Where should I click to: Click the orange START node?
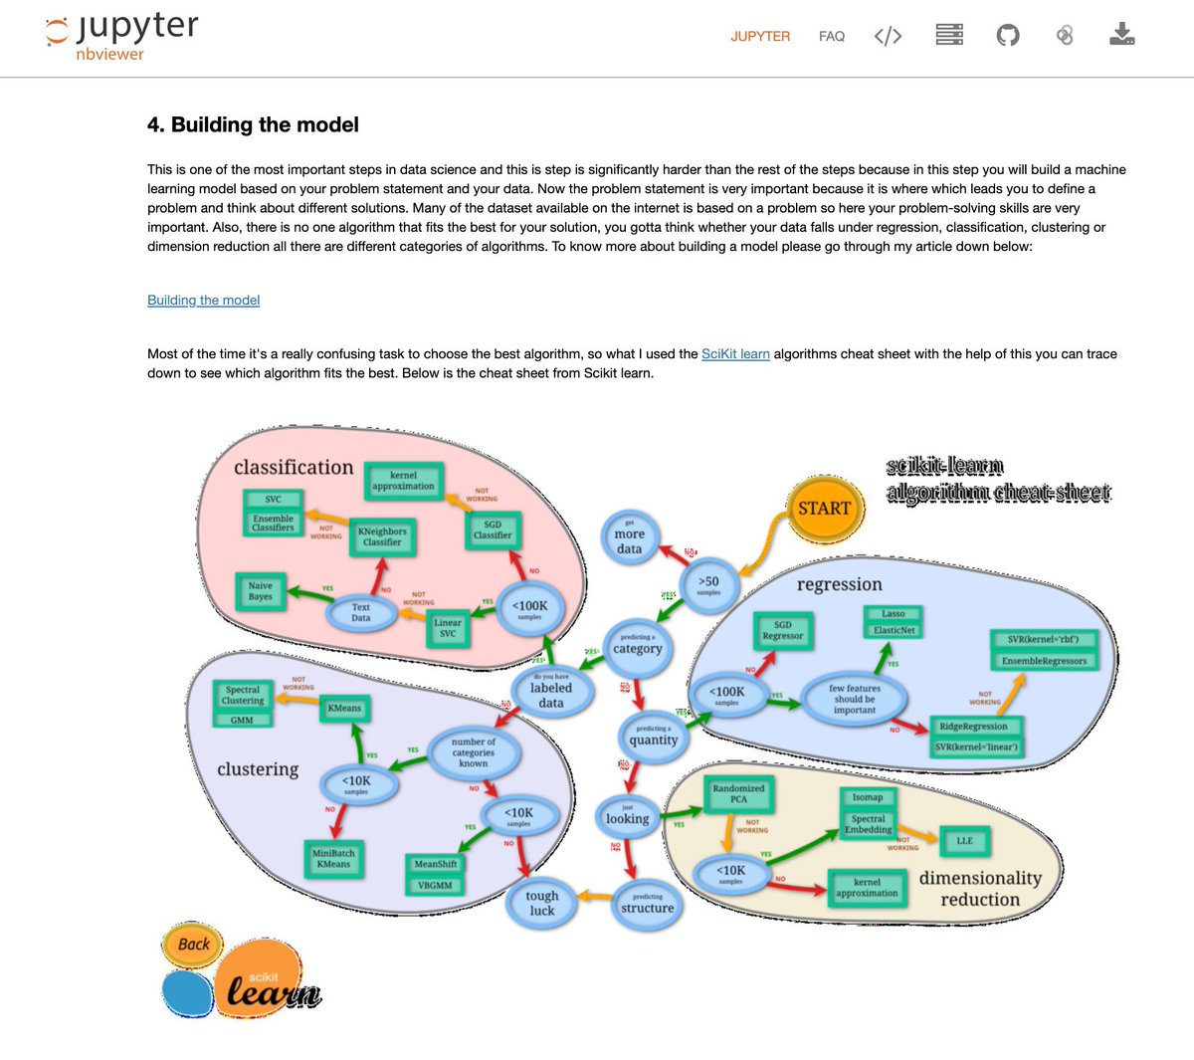click(824, 509)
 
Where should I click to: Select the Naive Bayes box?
click(261, 591)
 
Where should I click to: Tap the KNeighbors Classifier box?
click(382, 537)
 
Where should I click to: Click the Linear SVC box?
click(448, 628)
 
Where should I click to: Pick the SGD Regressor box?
click(783, 630)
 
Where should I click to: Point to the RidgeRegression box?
click(973, 727)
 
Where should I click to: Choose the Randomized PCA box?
click(738, 793)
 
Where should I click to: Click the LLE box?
click(965, 841)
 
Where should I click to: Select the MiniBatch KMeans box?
click(333, 859)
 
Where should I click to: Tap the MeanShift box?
click(435, 864)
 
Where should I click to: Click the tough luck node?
click(542, 903)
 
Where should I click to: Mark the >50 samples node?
click(708, 585)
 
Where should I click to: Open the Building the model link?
click(203, 301)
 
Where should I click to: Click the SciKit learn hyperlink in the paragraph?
click(735, 354)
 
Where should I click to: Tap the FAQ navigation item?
click(832, 37)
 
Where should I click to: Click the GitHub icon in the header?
click(1008, 36)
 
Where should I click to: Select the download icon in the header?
click(1122, 36)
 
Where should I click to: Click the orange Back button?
click(193, 945)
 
